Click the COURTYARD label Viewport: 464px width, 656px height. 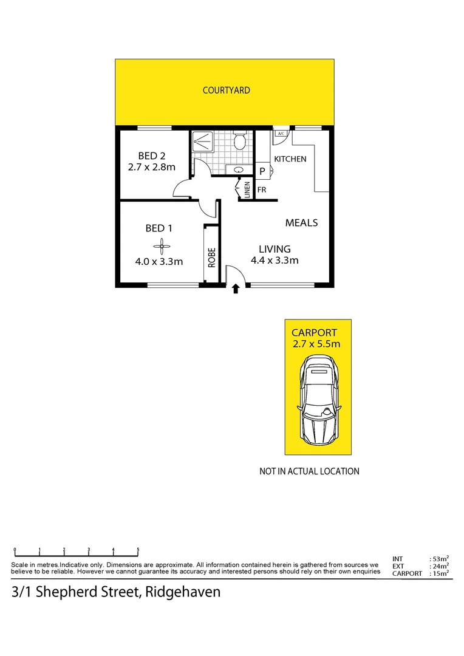click(226, 91)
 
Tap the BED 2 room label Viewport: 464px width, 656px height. click(152, 155)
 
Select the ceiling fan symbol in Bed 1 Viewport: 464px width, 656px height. click(163, 245)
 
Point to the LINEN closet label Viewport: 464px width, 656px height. click(247, 190)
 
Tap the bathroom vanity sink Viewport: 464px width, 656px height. click(239, 169)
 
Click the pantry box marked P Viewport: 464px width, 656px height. click(262, 171)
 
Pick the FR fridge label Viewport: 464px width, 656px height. click(262, 190)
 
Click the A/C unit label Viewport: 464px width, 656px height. click(281, 133)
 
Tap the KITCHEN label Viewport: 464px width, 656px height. click(290, 159)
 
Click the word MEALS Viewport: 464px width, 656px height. click(301, 223)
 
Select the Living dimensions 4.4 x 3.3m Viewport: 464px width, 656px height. click(275, 261)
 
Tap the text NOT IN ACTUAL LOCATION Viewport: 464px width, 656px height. click(309, 471)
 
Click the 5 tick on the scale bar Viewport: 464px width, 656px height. click(138, 550)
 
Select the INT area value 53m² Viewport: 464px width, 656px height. click(440, 558)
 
